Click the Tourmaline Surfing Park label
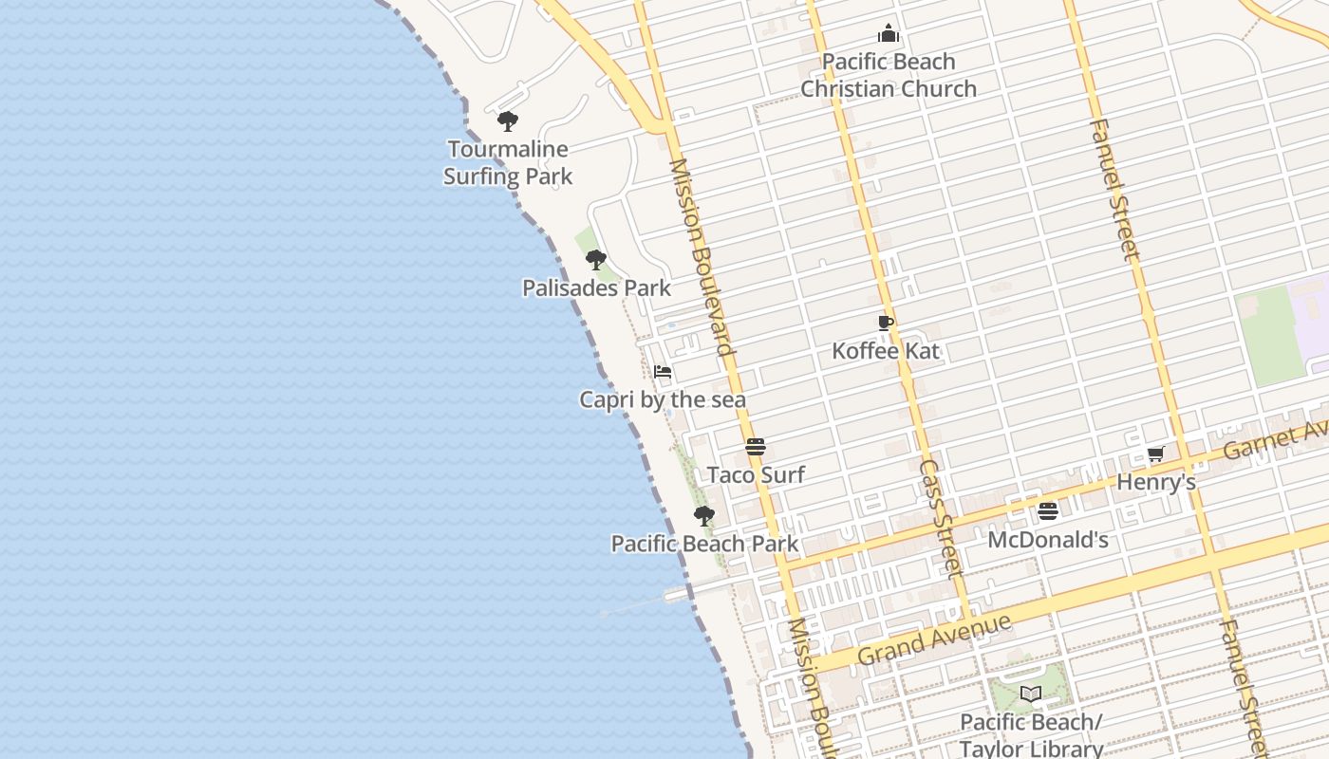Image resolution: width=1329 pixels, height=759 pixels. pyautogui.click(x=508, y=162)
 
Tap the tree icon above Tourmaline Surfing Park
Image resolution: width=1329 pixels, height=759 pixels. pyautogui.click(x=508, y=121)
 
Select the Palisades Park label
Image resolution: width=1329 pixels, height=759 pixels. pyautogui.click(x=596, y=287)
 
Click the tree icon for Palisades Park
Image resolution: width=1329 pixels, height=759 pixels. pyautogui.click(x=595, y=259)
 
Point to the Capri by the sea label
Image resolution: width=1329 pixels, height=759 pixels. pyautogui.click(x=663, y=399)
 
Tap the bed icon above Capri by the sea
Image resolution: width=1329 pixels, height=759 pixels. pyautogui.click(x=663, y=372)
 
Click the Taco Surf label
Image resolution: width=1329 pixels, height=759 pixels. pyautogui.click(x=756, y=474)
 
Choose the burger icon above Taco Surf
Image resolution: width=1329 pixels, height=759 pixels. pyautogui.click(x=756, y=447)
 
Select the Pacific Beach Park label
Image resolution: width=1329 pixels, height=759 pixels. pyautogui.click(x=704, y=544)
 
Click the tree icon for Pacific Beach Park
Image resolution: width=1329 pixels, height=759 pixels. pyautogui.click(x=703, y=516)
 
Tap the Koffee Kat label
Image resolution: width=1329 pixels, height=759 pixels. pyautogui.click(x=886, y=350)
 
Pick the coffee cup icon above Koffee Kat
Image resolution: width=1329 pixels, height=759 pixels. pyautogui.click(x=886, y=323)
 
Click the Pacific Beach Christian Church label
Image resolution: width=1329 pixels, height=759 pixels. pyautogui.click(x=889, y=75)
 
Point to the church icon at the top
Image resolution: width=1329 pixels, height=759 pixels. pyautogui.click(x=889, y=34)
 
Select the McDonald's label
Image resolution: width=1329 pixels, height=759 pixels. pyautogui.click(x=1048, y=540)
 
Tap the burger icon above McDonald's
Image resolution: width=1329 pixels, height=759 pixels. pyautogui.click(x=1048, y=511)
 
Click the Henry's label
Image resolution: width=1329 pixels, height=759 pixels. pyautogui.click(x=1155, y=482)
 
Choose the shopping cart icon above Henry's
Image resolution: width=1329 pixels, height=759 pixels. pyautogui.click(x=1155, y=454)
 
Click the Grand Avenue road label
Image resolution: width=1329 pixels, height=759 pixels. pyautogui.click(x=934, y=639)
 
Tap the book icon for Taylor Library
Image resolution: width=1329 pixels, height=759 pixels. pyautogui.click(x=1031, y=694)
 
